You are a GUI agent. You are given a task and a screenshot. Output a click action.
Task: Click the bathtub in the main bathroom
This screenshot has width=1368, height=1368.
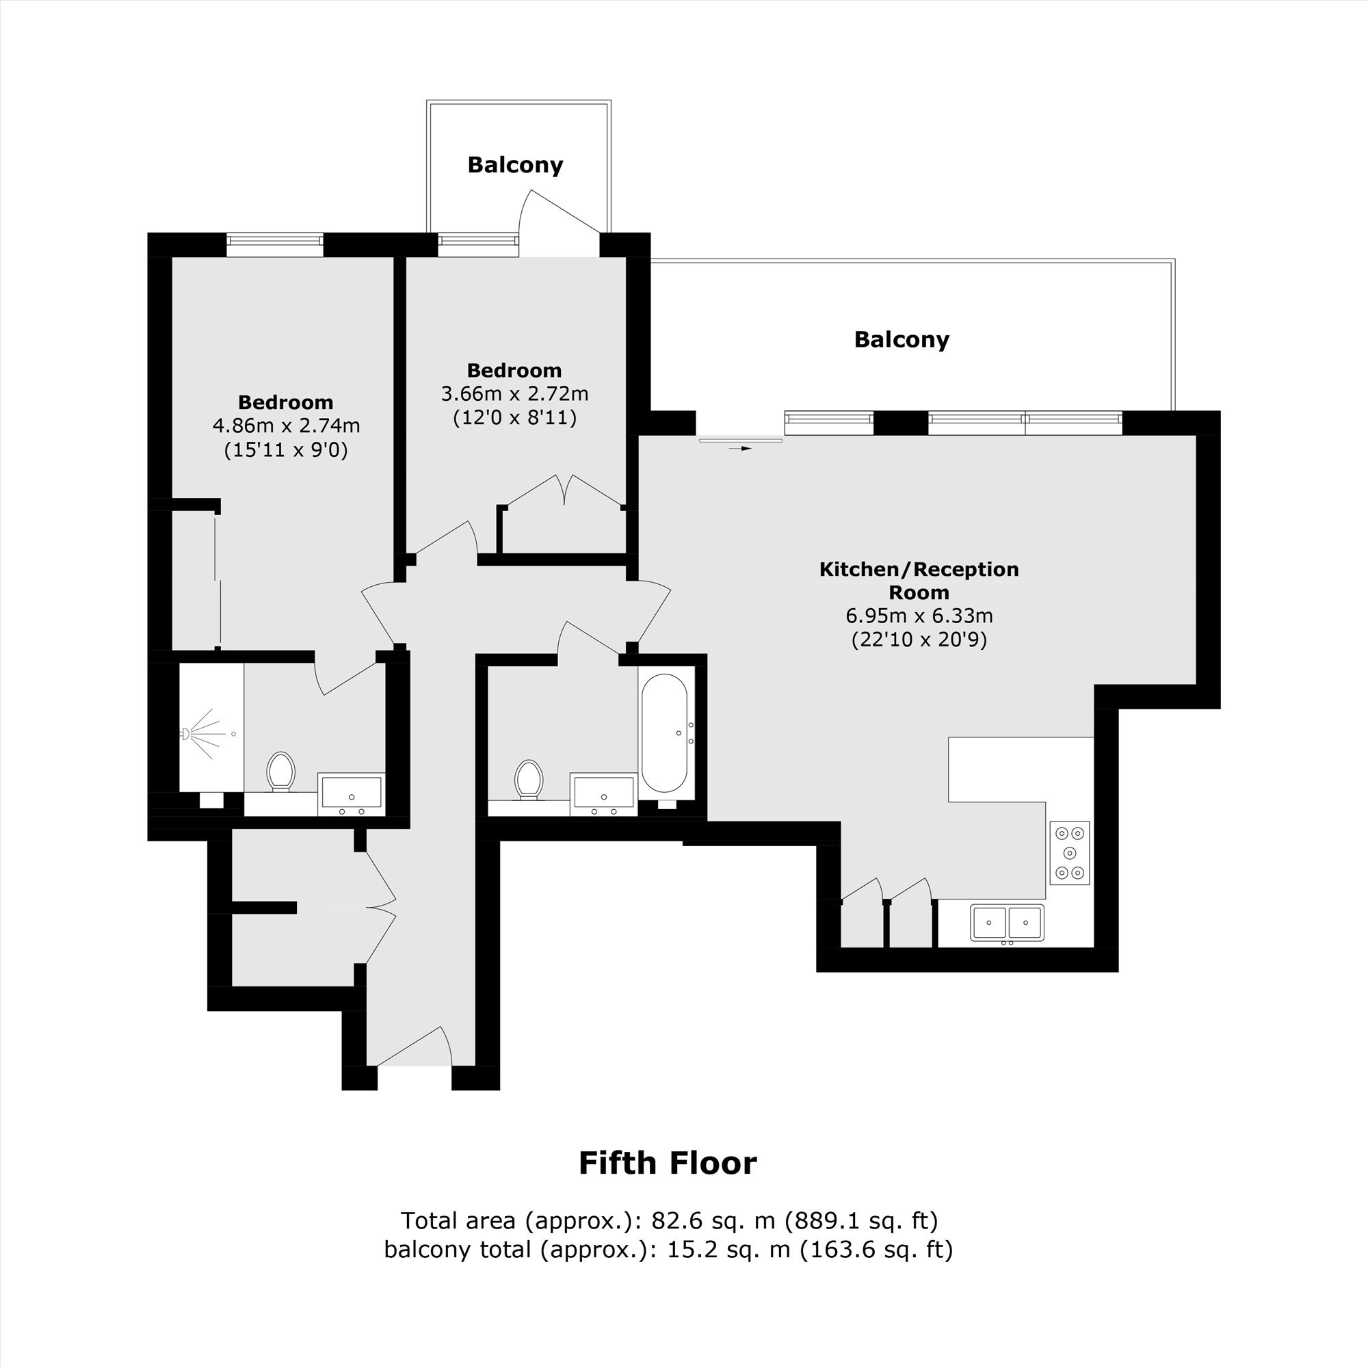(x=663, y=733)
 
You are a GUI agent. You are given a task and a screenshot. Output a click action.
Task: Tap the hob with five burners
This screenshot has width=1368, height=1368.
(x=1069, y=853)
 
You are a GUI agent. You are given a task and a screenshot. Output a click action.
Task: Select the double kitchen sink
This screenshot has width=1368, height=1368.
(x=1007, y=923)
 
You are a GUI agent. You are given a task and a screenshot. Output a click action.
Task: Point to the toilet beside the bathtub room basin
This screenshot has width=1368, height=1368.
(x=529, y=780)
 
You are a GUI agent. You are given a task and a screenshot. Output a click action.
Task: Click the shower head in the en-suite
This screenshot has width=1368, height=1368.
(x=185, y=734)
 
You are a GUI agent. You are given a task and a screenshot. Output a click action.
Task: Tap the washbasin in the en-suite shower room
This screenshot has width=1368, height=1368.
(x=351, y=793)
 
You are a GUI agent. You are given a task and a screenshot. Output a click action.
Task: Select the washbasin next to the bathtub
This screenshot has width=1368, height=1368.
(x=603, y=793)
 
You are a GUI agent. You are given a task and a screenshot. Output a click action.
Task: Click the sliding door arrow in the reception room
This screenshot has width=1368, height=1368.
(x=741, y=448)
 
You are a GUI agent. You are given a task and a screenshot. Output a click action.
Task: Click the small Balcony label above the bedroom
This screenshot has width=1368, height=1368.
(x=516, y=165)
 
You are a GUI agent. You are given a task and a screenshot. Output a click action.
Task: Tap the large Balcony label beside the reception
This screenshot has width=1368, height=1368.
(x=902, y=339)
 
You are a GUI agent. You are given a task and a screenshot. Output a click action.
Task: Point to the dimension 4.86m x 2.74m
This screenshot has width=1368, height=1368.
(x=286, y=425)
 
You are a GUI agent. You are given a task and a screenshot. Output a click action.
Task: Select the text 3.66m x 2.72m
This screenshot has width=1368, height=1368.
(x=515, y=393)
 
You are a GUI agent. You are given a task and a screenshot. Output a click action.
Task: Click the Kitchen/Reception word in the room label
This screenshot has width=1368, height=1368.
(x=919, y=569)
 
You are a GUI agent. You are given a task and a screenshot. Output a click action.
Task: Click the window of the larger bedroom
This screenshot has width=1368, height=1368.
(x=275, y=244)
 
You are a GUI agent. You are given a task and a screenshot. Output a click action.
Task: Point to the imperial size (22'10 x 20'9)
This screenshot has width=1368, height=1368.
(x=919, y=640)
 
